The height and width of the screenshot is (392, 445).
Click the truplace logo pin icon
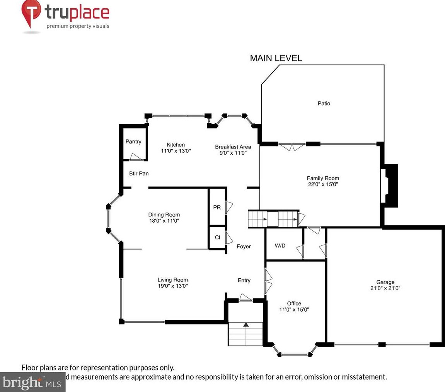click(31, 14)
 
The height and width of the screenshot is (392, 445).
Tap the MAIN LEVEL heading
click(276, 58)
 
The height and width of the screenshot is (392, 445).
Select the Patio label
click(324, 104)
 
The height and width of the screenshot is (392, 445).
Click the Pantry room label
click(133, 141)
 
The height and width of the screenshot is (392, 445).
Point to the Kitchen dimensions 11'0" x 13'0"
click(176, 151)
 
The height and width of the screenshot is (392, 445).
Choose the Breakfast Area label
click(233, 147)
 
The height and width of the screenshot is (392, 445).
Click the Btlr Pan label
click(139, 174)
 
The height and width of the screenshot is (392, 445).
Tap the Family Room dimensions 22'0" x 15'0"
click(323, 184)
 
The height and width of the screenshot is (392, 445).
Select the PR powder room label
click(217, 208)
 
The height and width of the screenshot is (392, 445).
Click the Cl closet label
click(217, 237)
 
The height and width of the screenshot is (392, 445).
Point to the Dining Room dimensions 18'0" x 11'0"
click(164, 221)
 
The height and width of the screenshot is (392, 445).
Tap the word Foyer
click(244, 246)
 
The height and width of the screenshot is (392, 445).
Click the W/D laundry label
click(280, 245)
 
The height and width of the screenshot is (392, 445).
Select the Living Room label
click(172, 280)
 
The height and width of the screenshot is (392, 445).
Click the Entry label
click(244, 280)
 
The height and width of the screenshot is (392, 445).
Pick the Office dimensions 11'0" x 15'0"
click(294, 310)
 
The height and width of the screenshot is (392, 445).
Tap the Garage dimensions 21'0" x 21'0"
click(385, 288)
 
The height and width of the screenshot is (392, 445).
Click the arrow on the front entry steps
click(246, 325)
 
